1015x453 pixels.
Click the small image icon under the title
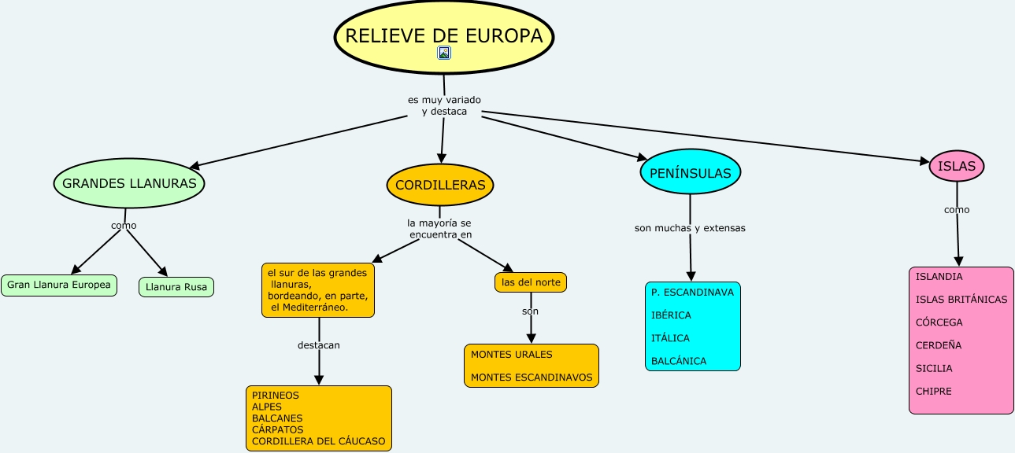pos(444,53)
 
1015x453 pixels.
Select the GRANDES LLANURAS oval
pos(129,184)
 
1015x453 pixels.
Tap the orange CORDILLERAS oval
pos(440,186)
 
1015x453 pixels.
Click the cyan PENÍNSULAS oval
pos(690,174)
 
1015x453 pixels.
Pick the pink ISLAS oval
pos(957,166)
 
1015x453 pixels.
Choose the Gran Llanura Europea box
pos(59,285)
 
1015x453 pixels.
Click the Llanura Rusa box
pos(176,287)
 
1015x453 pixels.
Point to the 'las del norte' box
pos(530,282)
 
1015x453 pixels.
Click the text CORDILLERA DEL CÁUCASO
pos(319,441)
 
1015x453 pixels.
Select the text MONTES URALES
pos(512,355)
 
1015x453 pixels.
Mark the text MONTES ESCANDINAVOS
pos(532,377)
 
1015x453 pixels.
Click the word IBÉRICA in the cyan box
pos(671,315)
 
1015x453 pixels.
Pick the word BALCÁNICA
pos(679,361)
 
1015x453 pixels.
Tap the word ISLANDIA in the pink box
pos(939,277)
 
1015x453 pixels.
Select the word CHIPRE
pos(934,391)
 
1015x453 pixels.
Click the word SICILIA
pos(934,368)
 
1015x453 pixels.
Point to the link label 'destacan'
pos(319,345)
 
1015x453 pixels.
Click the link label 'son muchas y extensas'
pos(690,228)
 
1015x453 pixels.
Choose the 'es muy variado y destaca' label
pos(444,105)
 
